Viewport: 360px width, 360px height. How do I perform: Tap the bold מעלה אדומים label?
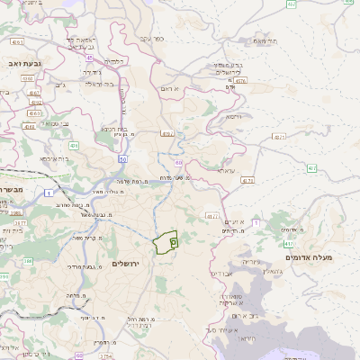pyautogui.click(x=309, y=257)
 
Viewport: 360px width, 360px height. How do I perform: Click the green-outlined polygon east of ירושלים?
pyautogui.click(x=166, y=243)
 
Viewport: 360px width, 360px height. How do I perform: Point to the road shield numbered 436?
pyautogui.click(x=74, y=145)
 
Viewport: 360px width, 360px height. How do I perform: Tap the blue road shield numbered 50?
pyautogui.click(x=121, y=157)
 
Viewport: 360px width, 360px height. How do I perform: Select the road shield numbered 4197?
pyautogui.click(x=166, y=134)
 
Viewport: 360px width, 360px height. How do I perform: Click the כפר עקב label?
pyautogui.click(x=151, y=39)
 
